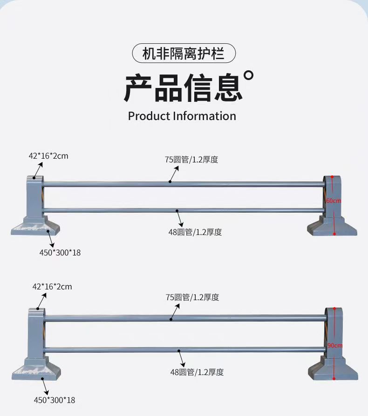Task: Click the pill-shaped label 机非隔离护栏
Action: [184, 54]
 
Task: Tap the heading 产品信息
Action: [183, 87]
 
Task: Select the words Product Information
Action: [182, 116]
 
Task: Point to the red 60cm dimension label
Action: [334, 201]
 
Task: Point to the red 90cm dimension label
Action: [334, 345]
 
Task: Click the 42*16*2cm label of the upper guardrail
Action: [48, 156]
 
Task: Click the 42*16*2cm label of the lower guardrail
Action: [52, 287]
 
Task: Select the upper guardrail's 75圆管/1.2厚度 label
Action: [191, 160]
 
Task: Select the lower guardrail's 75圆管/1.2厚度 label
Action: [192, 297]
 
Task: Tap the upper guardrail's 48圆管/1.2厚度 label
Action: [195, 232]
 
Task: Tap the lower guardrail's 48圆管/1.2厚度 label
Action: [197, 372]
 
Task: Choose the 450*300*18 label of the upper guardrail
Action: [60, 253]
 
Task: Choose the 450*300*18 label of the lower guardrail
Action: [55, 400]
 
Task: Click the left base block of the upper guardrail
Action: [36, 228]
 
